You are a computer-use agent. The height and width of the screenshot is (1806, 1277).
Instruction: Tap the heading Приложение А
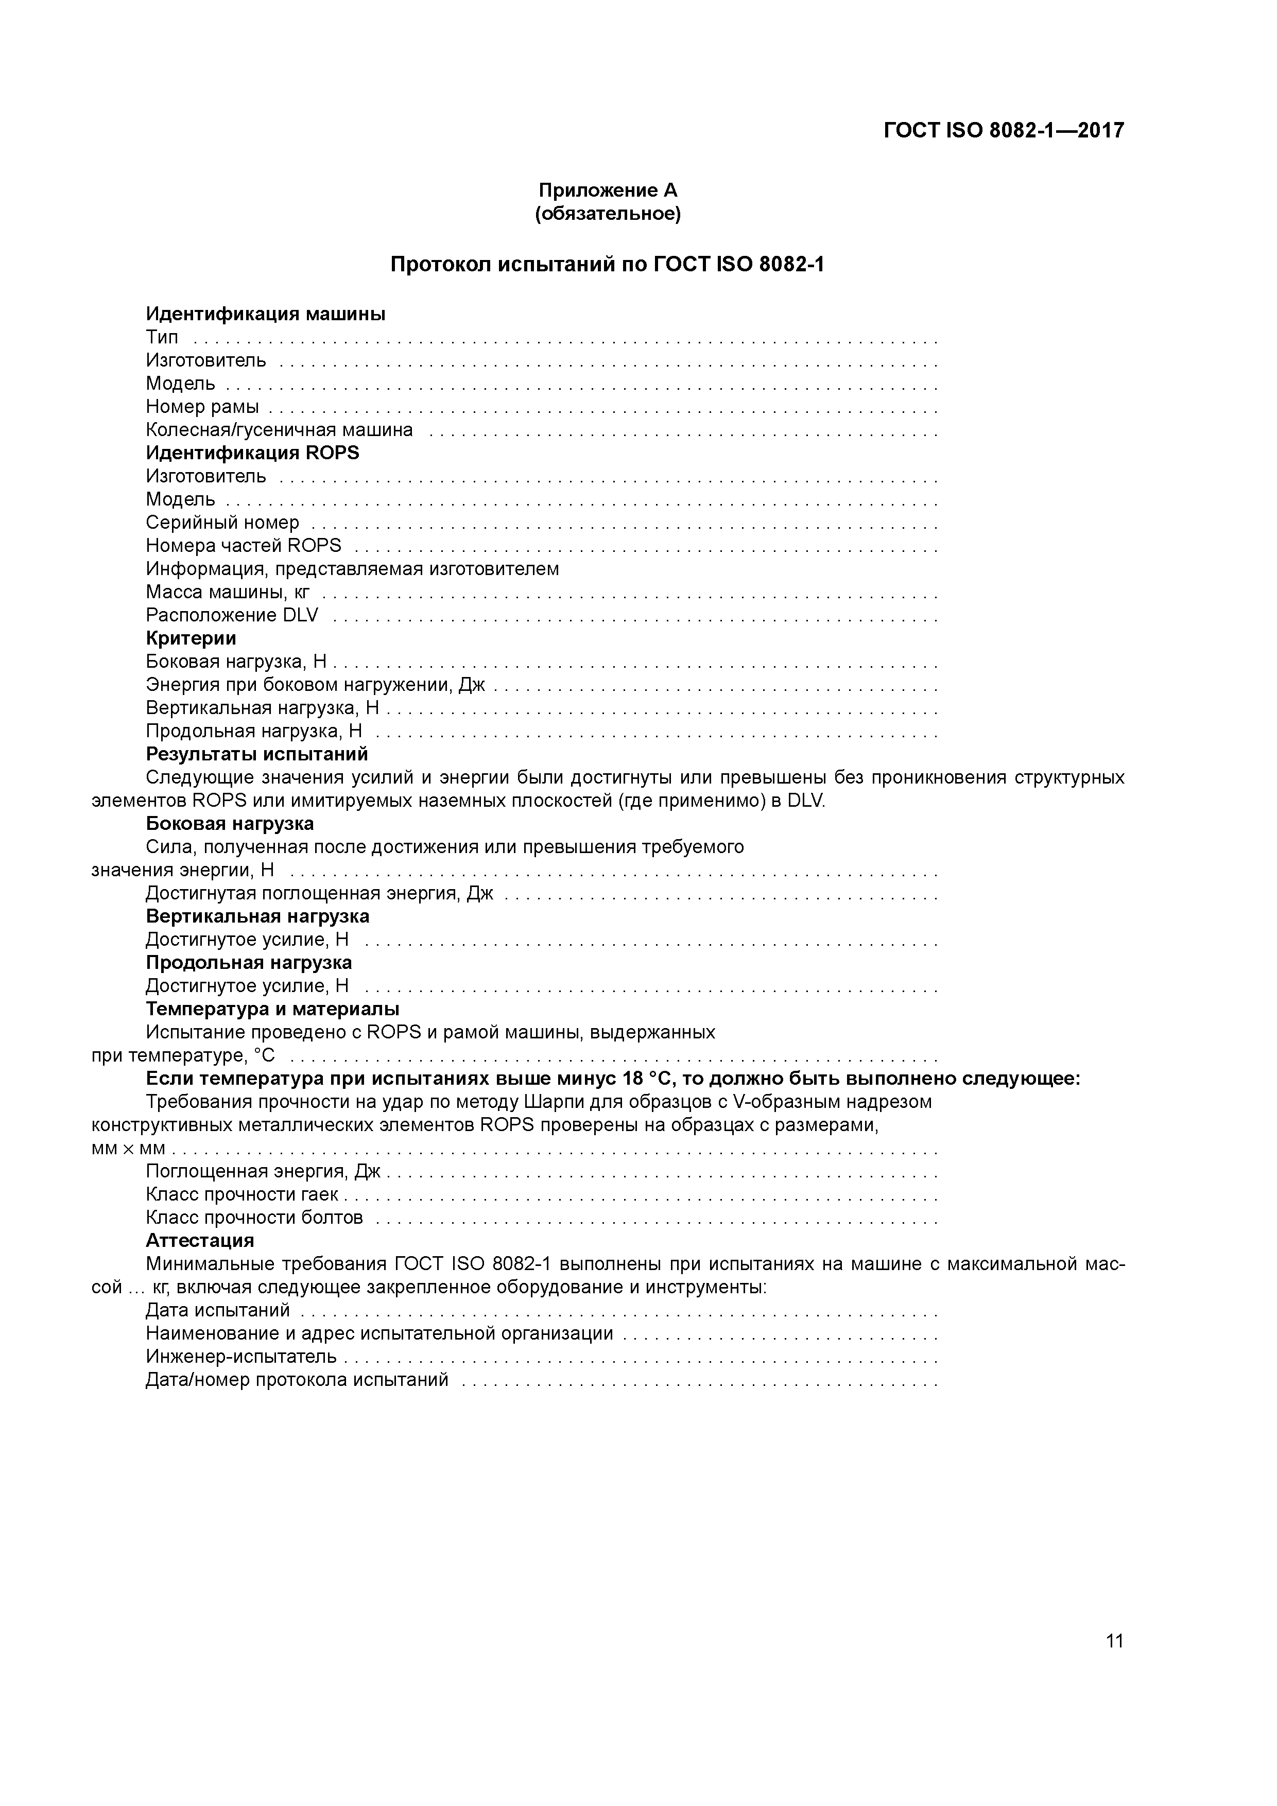[608, 190]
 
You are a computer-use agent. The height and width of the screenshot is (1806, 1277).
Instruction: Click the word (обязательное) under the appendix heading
[608, 214]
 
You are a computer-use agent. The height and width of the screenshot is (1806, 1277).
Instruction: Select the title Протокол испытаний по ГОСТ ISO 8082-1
[608, 264]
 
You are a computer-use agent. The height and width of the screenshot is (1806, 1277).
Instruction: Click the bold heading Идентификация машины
[265, 314]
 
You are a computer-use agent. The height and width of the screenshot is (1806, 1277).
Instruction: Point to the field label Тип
[162, 337]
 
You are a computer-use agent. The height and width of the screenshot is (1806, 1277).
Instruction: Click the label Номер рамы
[202, 407]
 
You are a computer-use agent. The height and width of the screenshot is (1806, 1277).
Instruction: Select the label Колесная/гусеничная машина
[279, 430]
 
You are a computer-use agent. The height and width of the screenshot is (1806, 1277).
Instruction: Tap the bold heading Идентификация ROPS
[252, 453]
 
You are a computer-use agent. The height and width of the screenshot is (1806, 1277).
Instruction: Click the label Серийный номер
[222, 523]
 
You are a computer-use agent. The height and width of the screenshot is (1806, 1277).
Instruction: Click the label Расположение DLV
[232, 615]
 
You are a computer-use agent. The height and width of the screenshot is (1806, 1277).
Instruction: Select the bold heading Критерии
[191, 638]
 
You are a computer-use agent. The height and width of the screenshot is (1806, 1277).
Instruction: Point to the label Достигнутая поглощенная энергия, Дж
[319, 894]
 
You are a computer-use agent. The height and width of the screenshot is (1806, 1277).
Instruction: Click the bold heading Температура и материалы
[272, 1009]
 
